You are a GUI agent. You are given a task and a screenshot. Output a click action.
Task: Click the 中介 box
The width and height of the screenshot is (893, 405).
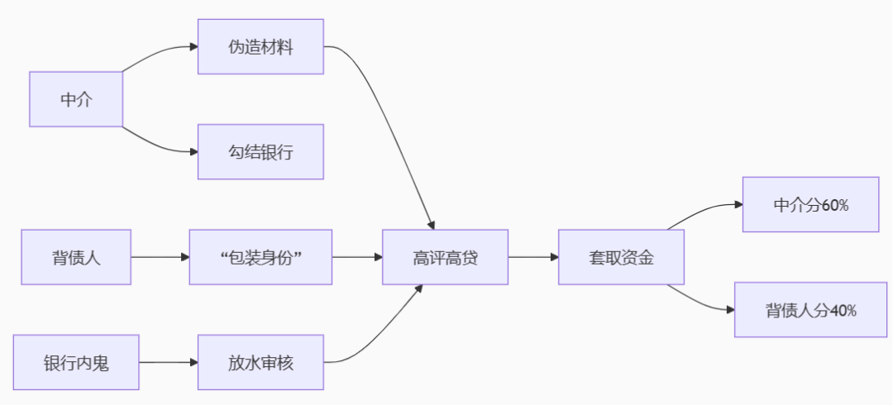click(x=76, y=99)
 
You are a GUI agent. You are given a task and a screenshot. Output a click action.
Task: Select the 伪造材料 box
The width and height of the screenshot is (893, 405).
click(x=260, y=46)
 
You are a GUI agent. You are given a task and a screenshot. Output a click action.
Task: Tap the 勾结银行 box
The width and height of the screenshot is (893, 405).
click(x=260, y=152)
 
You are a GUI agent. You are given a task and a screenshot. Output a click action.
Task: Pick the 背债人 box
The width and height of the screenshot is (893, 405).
click(x=76, y=257)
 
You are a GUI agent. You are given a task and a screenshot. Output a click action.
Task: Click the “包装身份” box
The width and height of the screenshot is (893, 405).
click(x=260, y=257)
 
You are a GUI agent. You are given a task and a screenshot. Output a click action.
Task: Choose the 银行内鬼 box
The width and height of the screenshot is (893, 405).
click(x=76, y=362)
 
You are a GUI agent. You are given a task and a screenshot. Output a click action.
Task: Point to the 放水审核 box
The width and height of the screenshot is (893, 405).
click(x=260, y=362)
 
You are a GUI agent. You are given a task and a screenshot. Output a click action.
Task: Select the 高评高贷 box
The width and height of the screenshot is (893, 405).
click(x=445, y=257)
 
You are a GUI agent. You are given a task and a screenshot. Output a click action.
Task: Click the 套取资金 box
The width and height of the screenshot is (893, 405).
click(x=622, y=257)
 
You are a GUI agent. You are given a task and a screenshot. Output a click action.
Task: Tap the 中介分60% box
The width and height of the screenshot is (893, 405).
click(x=810, y=204)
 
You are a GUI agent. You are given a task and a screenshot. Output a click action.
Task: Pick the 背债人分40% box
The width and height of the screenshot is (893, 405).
click(x=810, y=310)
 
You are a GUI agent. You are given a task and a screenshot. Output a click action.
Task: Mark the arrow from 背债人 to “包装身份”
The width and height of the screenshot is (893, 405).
click(x=160, y=257)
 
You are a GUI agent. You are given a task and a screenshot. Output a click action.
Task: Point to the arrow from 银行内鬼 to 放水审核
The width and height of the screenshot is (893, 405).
click(x=169, y=362)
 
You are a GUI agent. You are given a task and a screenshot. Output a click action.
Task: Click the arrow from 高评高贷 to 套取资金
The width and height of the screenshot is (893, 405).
click(x=533, y=257)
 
